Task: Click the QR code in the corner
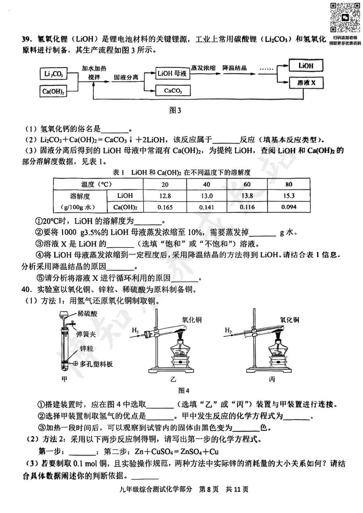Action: (345, 17)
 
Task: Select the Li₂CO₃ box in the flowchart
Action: (53, 74)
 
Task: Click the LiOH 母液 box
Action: (172, 73)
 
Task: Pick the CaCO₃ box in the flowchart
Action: (173, 91)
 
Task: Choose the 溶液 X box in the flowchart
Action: (306, 83)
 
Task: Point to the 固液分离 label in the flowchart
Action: (126, 78)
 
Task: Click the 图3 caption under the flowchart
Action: (175, 110)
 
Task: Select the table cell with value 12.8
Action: (165, 196)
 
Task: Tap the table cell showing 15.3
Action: (289, 196)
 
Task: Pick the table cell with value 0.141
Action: (207, 207)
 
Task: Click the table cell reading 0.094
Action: (289, 207)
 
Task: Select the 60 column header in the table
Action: (247, 184)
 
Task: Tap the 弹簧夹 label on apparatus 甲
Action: (86, 334)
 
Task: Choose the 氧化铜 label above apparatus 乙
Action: (192, 320)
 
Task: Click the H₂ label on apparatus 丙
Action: (228, 331)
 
